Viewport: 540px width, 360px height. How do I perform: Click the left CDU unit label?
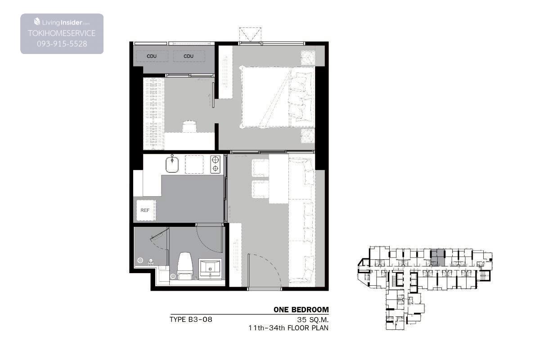[x=152, y=56]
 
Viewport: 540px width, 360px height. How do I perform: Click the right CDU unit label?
[x=189, y=56]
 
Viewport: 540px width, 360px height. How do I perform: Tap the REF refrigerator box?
[x=146, y=210]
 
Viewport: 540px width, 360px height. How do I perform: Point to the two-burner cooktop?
[x=215, y=164]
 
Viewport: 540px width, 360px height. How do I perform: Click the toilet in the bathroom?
[x=185, y=266]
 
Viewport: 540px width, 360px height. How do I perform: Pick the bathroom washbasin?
[x=210, y=269]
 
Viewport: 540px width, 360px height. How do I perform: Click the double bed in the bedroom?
[x=278, y=97]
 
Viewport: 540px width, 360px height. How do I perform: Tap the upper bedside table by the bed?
[x=308, y=58]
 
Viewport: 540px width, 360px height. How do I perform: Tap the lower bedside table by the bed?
[x=308, y=136]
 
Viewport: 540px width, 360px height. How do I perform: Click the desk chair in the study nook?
[x=189, y=126]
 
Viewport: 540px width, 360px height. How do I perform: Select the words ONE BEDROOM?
[x=301, y=310]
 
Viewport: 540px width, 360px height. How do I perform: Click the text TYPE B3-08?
[x=191, y=319]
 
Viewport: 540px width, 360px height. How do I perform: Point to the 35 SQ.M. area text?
[x=313, y=320]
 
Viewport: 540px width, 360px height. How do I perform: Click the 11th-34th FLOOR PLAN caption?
[x=288, y=328]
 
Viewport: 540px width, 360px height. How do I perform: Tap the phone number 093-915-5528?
[x=62, y=44]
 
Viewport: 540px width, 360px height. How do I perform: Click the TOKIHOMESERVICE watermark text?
[x=62, y=33]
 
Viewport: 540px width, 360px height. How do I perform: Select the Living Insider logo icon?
[x=37, y=22]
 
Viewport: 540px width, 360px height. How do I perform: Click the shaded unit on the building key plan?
[x=437, y=258]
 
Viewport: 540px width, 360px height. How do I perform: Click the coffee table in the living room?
[x=279, y=179]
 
